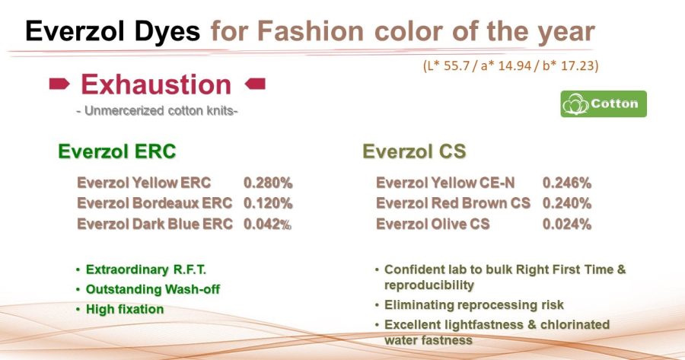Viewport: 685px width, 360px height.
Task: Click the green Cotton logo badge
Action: [604, 104]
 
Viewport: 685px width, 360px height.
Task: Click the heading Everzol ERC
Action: [116, 151]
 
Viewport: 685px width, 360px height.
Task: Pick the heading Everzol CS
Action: [414, 151]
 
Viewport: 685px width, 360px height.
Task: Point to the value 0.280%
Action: [268, 183]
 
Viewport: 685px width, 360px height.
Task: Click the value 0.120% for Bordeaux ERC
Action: [268, 203]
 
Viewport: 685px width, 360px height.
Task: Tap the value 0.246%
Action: [566, 183]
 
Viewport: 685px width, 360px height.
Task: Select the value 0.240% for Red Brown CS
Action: [566, 203]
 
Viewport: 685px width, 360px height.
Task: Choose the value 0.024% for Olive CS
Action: [566, 224]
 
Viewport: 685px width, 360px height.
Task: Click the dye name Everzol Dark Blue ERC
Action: [155, 224]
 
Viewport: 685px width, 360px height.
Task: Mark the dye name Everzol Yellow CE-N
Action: [445, 183]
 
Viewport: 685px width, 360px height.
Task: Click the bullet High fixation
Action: [125, 309]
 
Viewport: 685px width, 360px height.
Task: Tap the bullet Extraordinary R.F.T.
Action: [145, 269]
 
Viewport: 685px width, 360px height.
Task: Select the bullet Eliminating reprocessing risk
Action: [473, 305]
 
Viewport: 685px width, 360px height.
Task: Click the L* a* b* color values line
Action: [511, 66]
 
